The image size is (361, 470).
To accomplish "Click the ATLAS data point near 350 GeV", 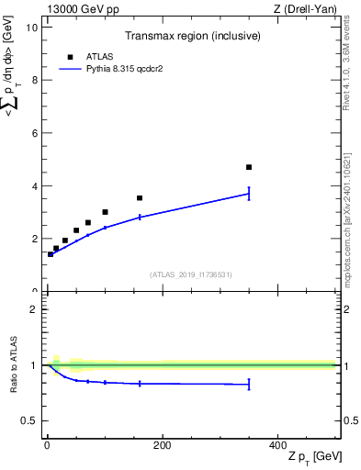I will (249, 167).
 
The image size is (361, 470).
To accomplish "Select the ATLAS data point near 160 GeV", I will (140, 197).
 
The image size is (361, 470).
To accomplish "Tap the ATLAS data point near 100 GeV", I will (105, 212).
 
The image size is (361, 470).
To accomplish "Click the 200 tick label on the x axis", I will (162, 445).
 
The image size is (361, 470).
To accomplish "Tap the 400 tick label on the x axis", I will (276, 445).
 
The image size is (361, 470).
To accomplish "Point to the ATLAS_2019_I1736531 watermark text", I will (191, 274).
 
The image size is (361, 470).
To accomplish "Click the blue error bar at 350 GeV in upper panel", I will (249, 193).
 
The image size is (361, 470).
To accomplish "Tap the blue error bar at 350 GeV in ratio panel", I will (249, 385).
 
